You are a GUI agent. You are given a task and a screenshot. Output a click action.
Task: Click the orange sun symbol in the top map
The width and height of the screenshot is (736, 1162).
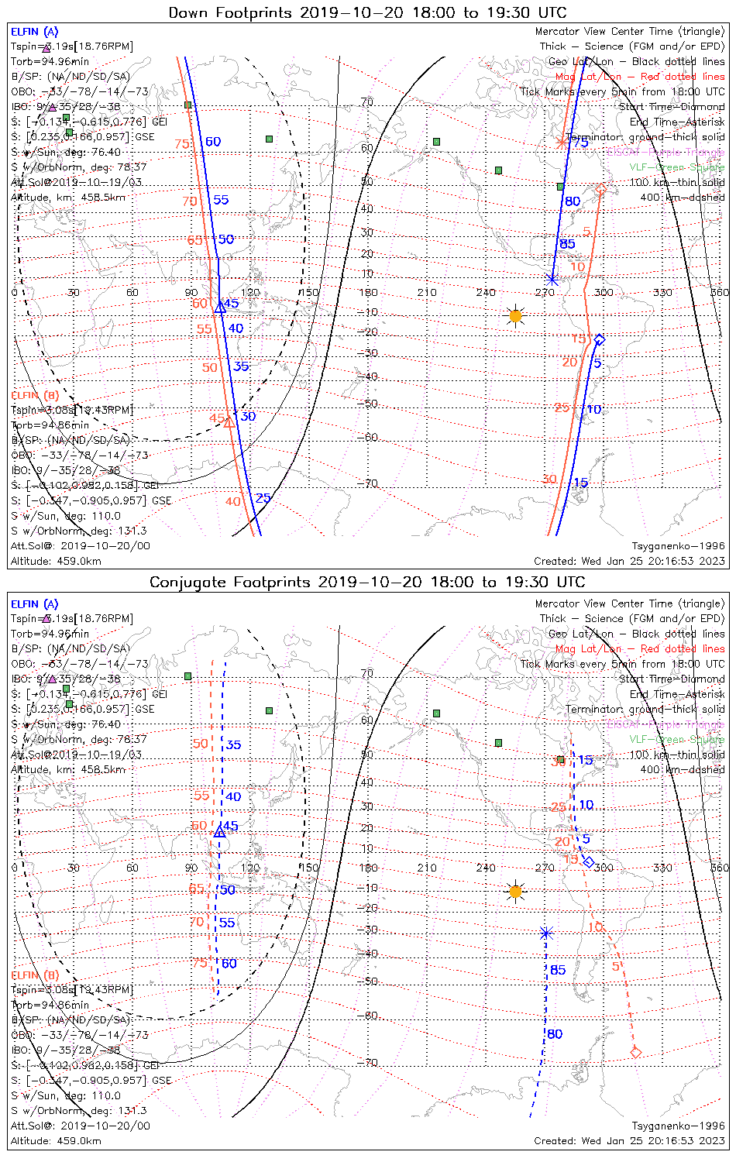(x=515, y=315)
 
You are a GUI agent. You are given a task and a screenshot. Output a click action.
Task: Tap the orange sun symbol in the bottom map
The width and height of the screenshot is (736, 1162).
(x=515, y=891)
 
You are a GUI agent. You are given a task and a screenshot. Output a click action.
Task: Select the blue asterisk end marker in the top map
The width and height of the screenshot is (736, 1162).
(x=552, y=280)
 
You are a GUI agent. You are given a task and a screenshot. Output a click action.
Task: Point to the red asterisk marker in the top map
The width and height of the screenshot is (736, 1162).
(x=561, y=142)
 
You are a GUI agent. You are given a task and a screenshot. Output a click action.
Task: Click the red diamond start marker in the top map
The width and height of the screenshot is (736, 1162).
(x=600, y=190)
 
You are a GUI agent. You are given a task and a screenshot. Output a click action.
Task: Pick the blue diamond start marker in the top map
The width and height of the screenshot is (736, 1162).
(x=599, y=340)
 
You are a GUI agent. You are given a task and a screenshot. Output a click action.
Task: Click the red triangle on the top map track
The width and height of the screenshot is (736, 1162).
(x=229, y=422)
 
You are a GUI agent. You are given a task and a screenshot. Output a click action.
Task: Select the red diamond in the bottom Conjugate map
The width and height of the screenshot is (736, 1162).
(x=636, y=1052)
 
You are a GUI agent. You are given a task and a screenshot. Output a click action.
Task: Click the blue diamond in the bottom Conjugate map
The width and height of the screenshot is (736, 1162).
(x=589, y=862)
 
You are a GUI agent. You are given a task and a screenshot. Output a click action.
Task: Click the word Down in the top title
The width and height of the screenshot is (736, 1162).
(x=189, y=12)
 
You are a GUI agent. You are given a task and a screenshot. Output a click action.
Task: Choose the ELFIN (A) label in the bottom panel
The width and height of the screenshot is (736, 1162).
(x=35, y=604)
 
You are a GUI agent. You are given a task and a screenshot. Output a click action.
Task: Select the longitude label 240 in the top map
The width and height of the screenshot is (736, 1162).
(x=486, y=292)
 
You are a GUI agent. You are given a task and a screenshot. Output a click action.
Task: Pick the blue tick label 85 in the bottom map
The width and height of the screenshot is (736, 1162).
(x=558, y=970)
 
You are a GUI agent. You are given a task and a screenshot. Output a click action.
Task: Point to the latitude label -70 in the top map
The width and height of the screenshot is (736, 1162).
(x=369, y=483)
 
